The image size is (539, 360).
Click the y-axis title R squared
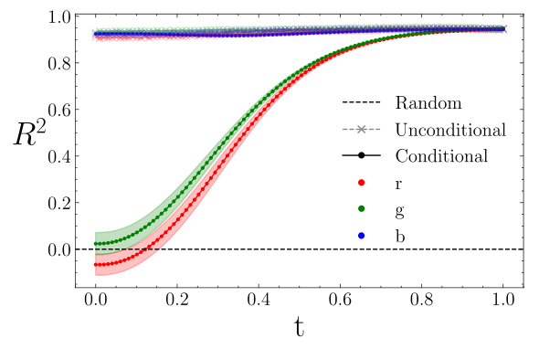[29, 134]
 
